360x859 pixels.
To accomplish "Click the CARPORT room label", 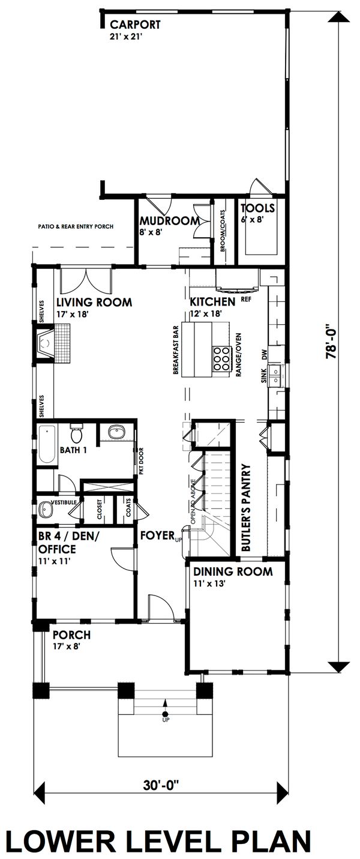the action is coord(135,25).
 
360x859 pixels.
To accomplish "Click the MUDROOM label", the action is coord(169,221).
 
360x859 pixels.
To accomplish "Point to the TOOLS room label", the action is coord(257,208).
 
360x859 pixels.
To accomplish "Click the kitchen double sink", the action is coord(275,376).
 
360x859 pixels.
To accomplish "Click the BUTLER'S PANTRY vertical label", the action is coord(246,508).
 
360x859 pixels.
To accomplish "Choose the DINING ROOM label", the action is coord(233,571).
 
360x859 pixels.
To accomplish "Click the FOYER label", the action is coord(157,535).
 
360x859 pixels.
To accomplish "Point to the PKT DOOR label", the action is coord(141,460).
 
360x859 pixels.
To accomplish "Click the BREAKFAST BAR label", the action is coord(176,350).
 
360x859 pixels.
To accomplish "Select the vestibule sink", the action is coord(46,510).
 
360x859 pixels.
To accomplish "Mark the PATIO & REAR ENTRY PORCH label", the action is coord(76,226).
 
